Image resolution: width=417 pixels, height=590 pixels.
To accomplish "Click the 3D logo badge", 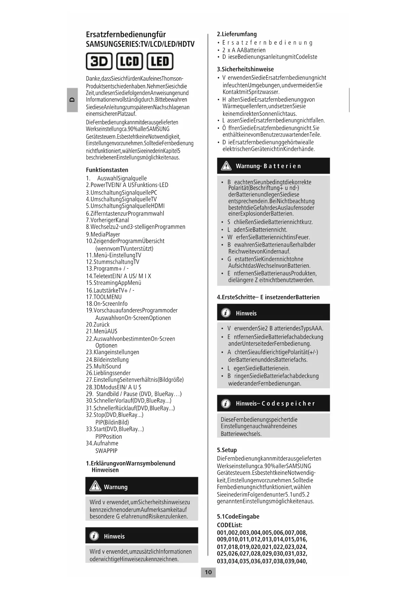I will [x=99, y=61].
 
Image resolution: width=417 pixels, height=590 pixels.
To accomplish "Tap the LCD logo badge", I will [x=129, y=61].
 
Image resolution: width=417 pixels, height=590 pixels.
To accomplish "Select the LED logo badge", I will [x=160, y=61].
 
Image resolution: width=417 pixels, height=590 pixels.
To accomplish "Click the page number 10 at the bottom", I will [x=208, y=572].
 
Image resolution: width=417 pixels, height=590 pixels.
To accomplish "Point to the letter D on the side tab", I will [x=72, y=100].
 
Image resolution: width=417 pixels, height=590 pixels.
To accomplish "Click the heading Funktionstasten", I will [x=107, y=170].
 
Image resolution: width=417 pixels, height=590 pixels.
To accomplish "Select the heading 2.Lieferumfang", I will [x=237, y=34].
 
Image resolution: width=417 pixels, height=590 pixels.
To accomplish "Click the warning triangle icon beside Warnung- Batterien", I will [x=226, y=166].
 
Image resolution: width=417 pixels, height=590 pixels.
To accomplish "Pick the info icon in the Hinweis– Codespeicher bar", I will [x=226, y=403].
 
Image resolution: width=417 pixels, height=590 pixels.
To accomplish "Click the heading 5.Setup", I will [x=227, y=450].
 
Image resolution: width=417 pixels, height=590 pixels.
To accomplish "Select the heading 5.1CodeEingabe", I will [x=238, y=516].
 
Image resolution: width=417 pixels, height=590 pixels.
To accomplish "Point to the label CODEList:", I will [x=230, y=525].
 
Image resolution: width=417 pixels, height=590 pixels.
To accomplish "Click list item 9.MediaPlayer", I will [x=103, y=234].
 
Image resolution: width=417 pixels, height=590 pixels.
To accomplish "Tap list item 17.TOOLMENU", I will [x=104, y=297].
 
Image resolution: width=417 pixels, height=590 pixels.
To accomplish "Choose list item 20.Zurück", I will [x=98, y=324].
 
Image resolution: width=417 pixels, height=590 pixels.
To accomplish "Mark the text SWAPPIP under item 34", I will [x=106, y=451].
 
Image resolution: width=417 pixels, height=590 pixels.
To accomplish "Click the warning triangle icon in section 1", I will [x=95, y=486].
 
